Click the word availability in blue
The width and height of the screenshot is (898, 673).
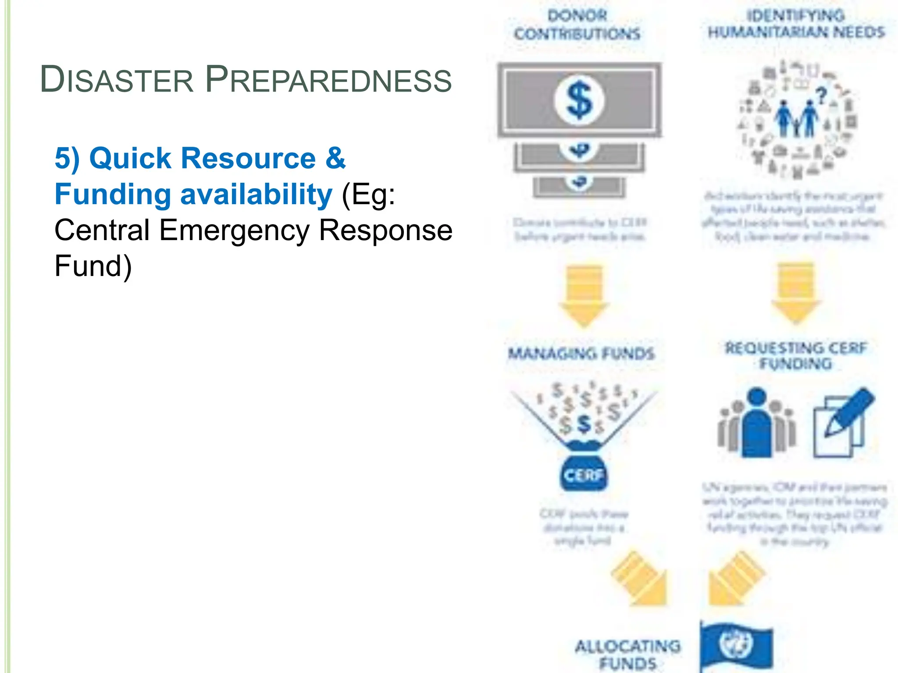tap(256, 195)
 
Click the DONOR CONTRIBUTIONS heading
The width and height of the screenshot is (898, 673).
tap(577, 25)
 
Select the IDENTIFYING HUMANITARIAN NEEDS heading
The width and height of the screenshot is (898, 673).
tap(796, 24)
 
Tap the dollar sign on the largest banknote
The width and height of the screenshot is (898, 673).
tap(579, 100)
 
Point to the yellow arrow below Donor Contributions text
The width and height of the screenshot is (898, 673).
tap(584, 296)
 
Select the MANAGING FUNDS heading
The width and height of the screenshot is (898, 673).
tap(581, 354)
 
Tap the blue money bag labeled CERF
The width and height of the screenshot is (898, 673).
tap(583, 471)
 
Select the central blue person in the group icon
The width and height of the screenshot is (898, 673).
tap(757, 423)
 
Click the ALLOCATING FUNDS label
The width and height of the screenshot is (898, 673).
tap(628, 654)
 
